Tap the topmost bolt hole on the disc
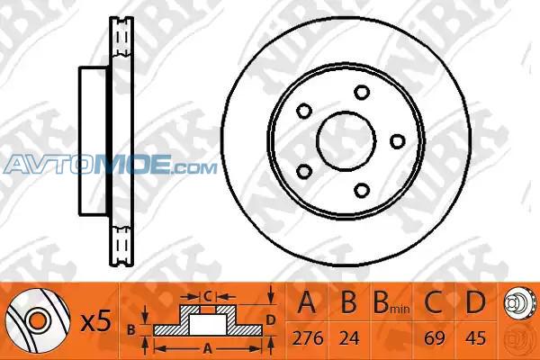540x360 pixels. pos(362,93)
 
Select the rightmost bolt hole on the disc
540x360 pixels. pos(398,141)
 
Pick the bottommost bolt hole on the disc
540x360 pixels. pos(362,190)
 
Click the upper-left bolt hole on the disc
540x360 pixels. pos(304,111)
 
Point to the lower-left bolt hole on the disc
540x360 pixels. pos(304,171)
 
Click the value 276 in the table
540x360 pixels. pos(308,338)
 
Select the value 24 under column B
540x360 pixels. pos(349,338)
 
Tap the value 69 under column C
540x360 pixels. pos(435,338)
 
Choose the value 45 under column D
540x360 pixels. pos(475,338)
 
